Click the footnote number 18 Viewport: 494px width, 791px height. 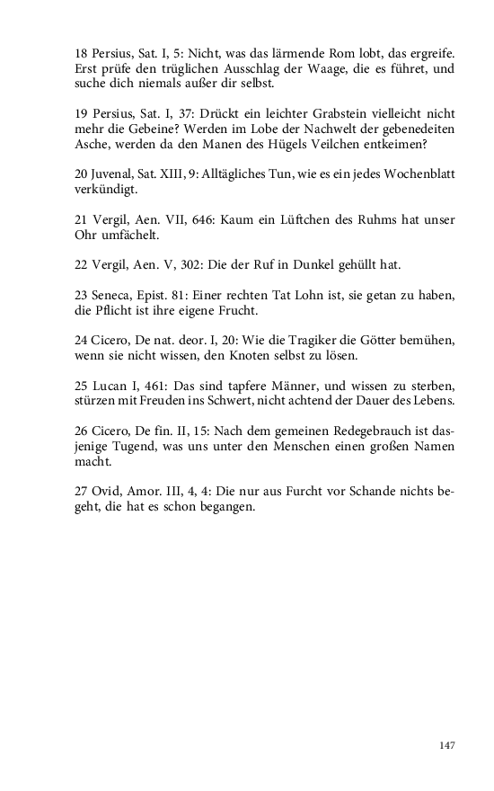pos(82,53)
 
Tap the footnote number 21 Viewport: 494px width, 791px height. pos(82,219)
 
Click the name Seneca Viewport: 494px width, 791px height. pos(113,296)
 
